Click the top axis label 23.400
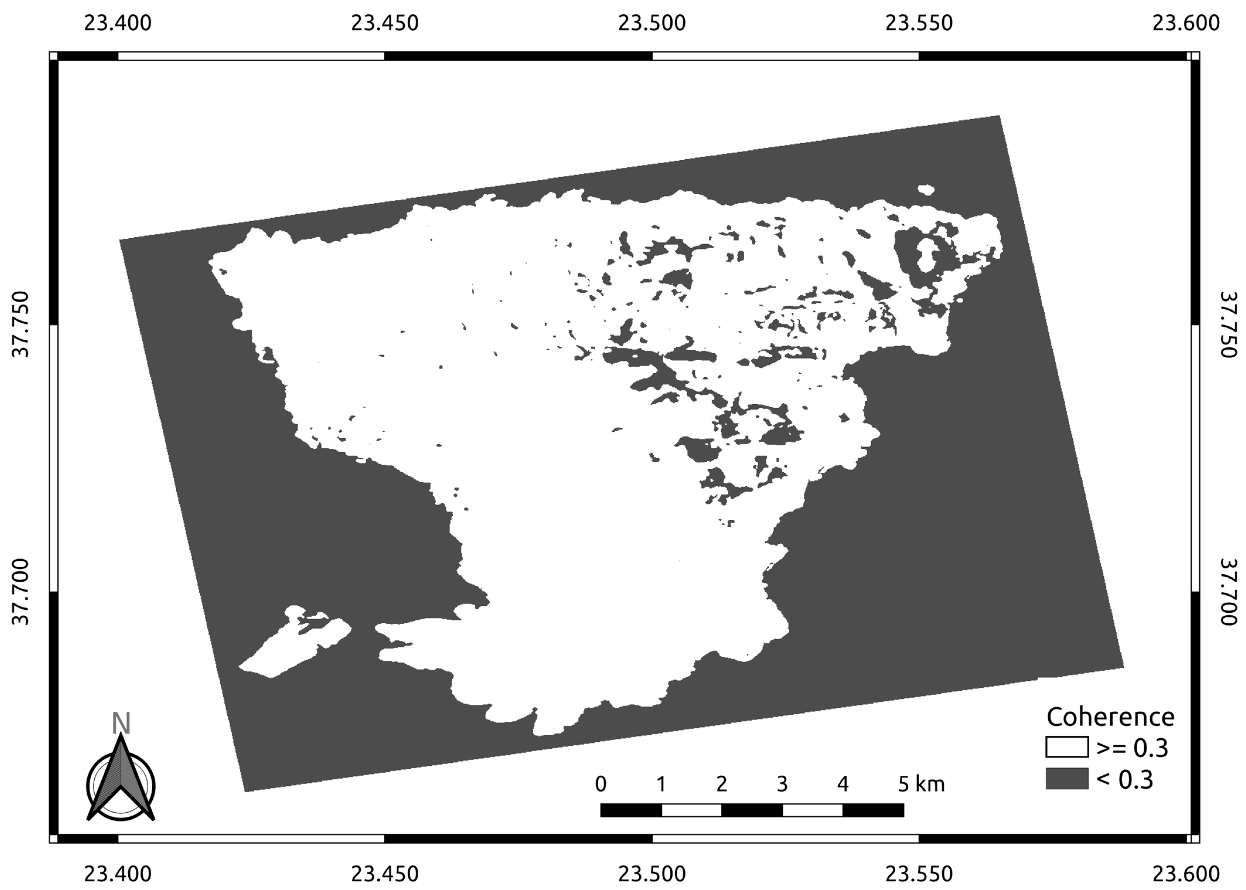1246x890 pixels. (x=117, y=23)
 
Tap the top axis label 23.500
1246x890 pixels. (x=652, y=23)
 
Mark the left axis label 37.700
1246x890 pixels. (x=21, y=592)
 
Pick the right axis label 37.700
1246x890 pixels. (x=1227, y=592)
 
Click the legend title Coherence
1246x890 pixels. (x=1110, y=717)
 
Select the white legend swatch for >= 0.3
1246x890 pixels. (x=1066, y=747)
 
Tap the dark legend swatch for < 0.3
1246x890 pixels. (x=1066, y=778)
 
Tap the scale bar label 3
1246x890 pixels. (x=782, y=784)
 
